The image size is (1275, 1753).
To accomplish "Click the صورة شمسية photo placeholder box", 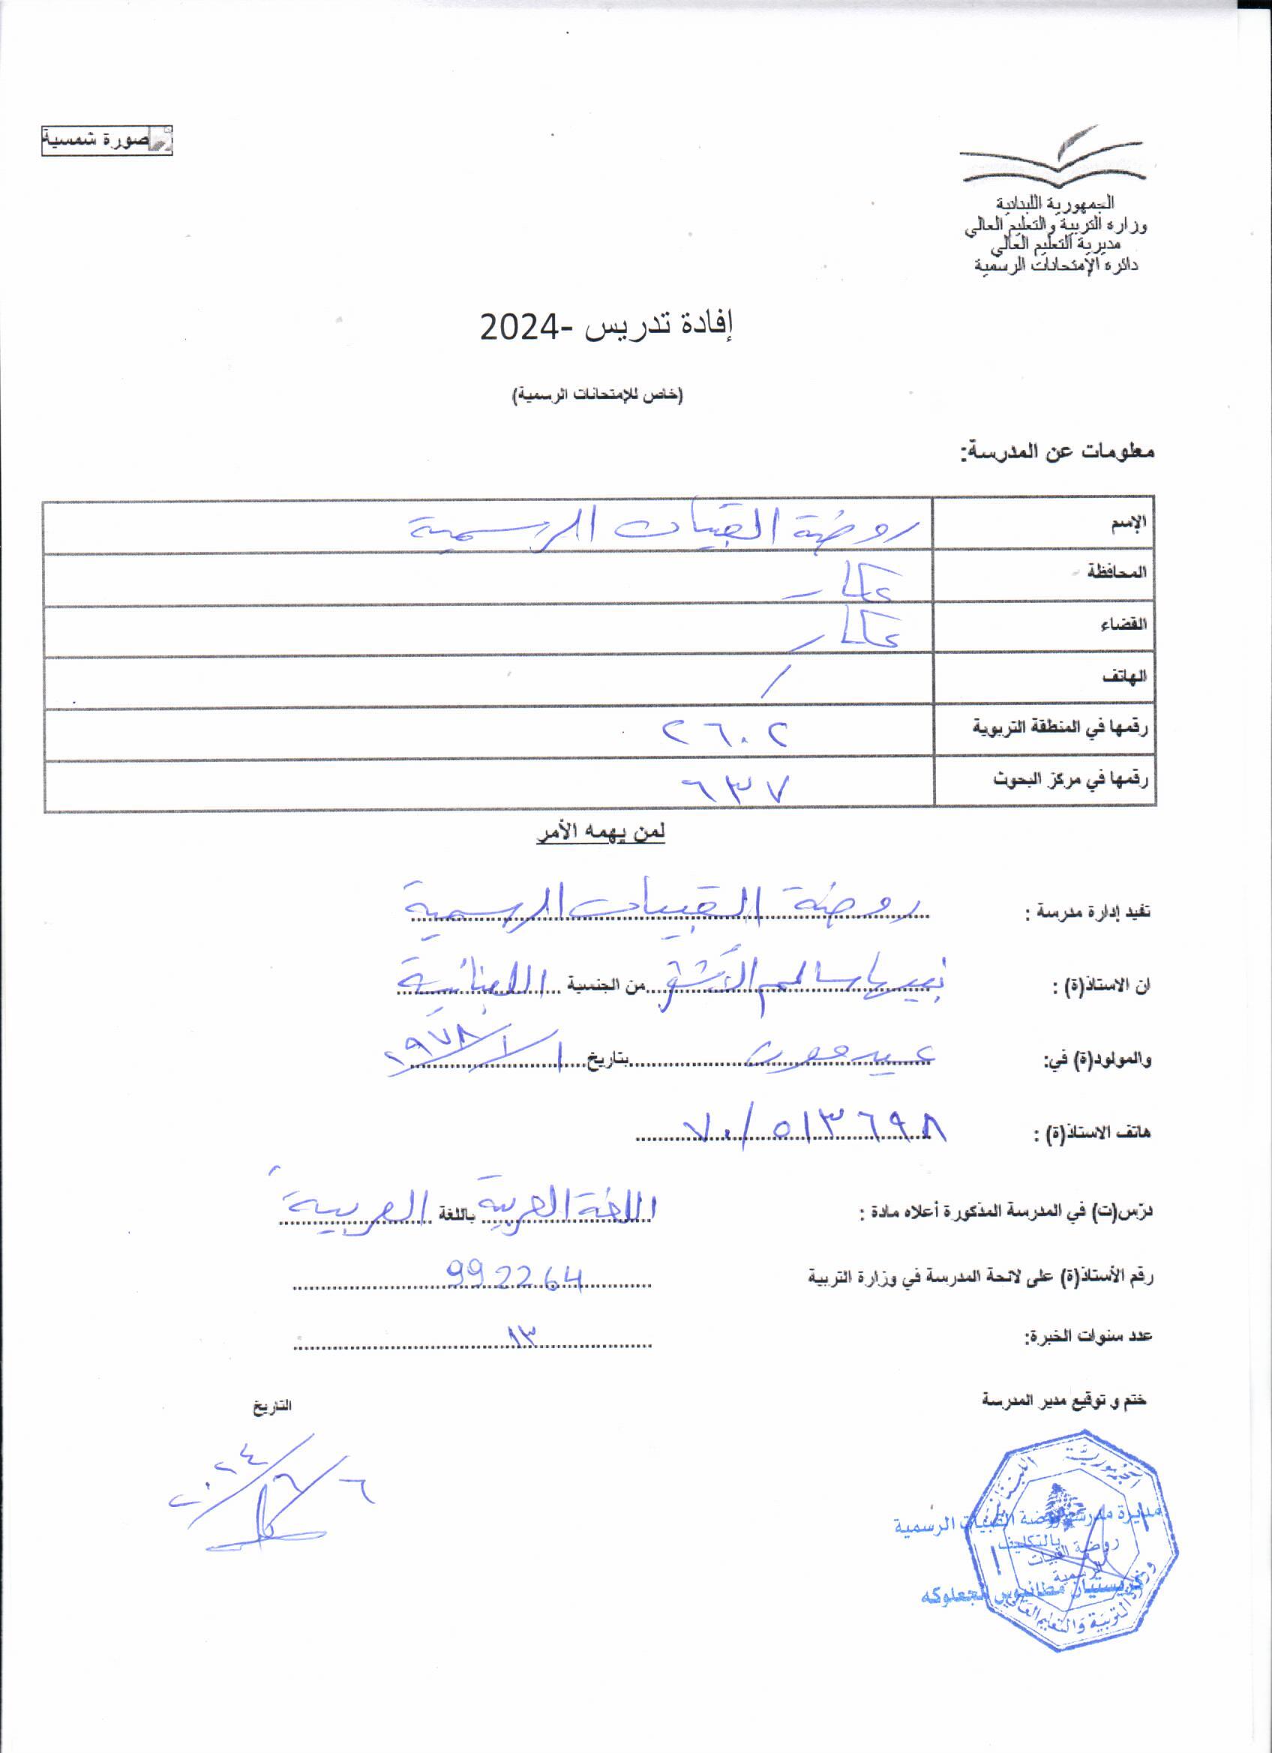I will pyautogui.click(x=106, y=142).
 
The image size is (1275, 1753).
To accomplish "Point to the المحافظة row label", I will pyautogui.click(x=1118, y=574).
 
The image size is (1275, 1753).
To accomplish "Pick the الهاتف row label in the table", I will pyautogui.click(x=1125, y=677).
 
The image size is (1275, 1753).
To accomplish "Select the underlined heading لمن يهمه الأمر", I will pyautogui.click(x=601, y=833).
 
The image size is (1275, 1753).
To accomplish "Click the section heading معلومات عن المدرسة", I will pyautogui.click(x=1058, y=453).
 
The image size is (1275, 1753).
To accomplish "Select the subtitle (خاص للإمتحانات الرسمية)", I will pyautogui.click(x=599, y=395).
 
